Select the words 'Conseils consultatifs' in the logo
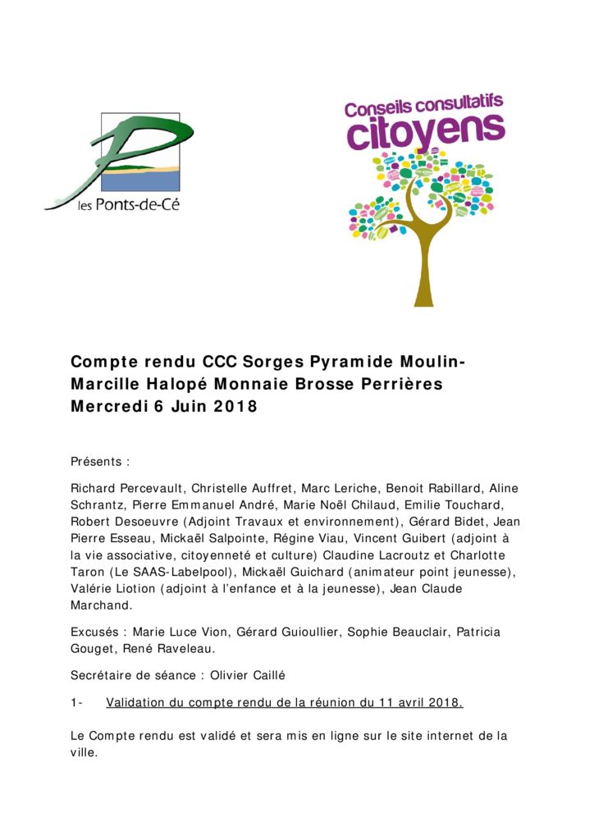(423, 105)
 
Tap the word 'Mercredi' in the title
(108, 406)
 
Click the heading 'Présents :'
(100, 462)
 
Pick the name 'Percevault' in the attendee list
(152, 488)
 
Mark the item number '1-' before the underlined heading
(78, 702)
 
